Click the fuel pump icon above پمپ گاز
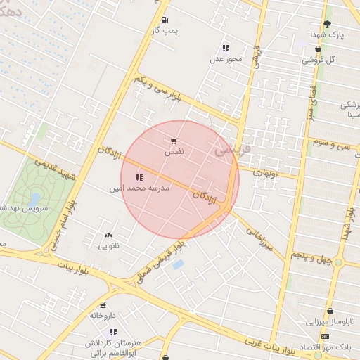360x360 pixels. [x=165, y=20]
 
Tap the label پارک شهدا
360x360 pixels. [x=328, y=34]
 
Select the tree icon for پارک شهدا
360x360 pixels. [x=327, y=24]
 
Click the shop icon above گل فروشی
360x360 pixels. [x=319, y=49]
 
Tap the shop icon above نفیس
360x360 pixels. [x=174, y=141]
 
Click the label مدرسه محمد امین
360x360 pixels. [x=138, y=188]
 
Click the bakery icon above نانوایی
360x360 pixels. [x=108, y=236]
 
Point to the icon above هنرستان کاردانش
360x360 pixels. [x=113, y=332]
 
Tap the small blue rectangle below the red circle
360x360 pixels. [x=178, y=264]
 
